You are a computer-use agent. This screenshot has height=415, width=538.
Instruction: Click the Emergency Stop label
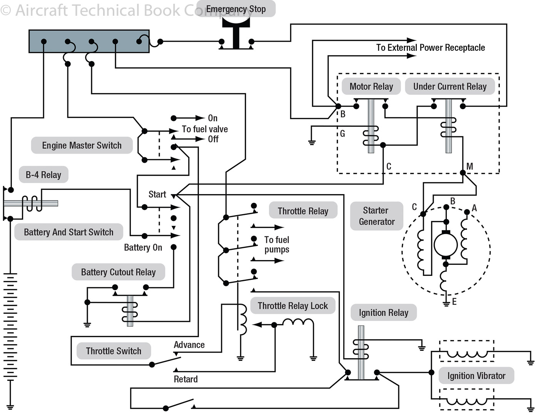coord(236,9)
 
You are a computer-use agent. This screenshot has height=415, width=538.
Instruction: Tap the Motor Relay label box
coord(371,86)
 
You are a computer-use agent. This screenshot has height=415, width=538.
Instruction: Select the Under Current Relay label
coord(449,86)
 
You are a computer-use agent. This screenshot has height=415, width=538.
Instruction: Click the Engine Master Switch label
coord(82,145)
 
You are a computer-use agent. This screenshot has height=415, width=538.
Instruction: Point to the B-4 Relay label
coord(43,175)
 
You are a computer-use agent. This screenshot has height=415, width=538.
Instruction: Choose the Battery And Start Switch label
coord(69,232)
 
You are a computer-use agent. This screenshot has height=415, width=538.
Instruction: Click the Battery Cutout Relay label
coord(118,272)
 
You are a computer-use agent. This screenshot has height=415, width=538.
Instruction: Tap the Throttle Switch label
coord(114,351)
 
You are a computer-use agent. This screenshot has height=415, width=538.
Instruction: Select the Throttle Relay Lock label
coord(292,306)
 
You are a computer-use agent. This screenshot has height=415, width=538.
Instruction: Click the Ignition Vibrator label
coord(476,376)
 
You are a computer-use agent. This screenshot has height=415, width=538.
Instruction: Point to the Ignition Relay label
coord(383,313)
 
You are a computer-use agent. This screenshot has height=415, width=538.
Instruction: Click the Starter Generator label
coord(376,216)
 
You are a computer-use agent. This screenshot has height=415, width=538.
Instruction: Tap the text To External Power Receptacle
coord(430,48)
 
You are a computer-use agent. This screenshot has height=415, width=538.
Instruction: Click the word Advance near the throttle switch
coord(189,345)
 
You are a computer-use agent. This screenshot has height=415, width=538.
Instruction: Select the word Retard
coord(185,379)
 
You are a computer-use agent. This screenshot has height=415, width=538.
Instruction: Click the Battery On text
coord(143,247)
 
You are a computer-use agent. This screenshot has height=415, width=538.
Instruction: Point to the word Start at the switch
coord(157,194)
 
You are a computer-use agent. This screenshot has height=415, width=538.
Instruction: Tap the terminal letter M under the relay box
coord(469,166)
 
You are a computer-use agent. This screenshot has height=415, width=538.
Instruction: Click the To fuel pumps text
coord(277,244)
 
